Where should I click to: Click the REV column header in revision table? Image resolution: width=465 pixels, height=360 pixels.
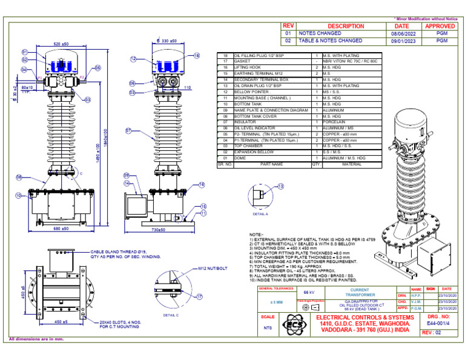click(x=288, y=26)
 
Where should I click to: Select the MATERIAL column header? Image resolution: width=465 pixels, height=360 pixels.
click(x=352, y=164)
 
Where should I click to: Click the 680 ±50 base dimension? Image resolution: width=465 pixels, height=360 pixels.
click(x=61, y=229)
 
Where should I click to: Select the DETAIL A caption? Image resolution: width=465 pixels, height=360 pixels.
click(x=260, y=215)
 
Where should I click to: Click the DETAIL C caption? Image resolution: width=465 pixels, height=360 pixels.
click(x=171, y=315)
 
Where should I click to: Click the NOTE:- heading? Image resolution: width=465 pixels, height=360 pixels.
click(x=256, y=235)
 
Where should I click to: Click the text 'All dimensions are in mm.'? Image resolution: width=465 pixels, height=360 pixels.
click(x=36, y=339)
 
